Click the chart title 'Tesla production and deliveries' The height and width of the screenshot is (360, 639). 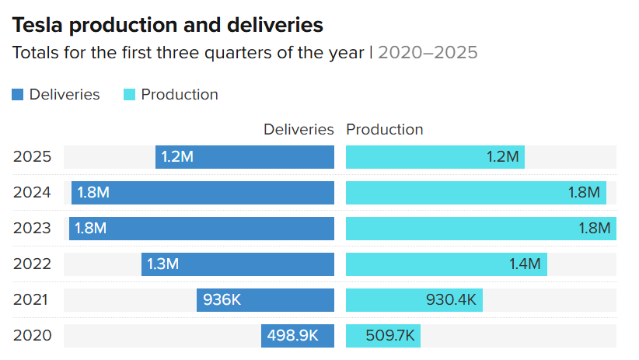click(168, 25)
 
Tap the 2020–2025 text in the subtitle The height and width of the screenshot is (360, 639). click(428, 53)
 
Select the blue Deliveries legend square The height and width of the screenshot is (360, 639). click(18, 95)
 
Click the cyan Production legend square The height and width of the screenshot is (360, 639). click(129, 95)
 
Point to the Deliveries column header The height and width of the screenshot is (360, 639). click(299, 130)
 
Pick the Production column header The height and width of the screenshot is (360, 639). click(385, 130)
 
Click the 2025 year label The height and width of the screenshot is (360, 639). click(32, 157)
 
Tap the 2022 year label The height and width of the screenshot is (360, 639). click(32, 264)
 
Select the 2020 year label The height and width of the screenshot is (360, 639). click(32, 336)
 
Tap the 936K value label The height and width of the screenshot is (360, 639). click(222, 300)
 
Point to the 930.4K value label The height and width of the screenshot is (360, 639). click(451, 300)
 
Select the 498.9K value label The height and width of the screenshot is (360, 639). click(293, 336)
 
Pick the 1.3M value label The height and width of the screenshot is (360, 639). click(162, 264)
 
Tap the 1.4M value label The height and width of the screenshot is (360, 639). click(525, 264)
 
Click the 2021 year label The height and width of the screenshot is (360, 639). click(32, 300)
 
